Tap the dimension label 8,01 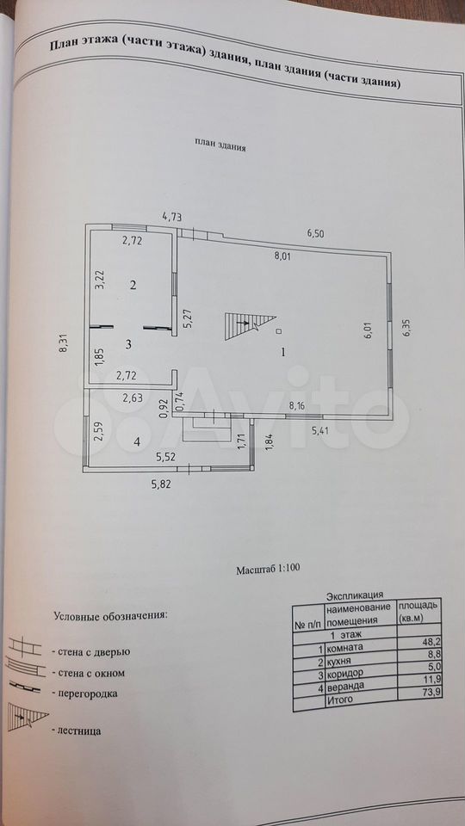[282, 257]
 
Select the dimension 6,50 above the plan [315, 234]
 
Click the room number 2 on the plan [133, 285]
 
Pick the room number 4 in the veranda [137, 442]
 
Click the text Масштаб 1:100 [268, 569]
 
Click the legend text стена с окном [88, 673]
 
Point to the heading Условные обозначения [110, 616]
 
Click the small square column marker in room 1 [278, 331]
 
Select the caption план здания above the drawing [221, 146]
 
